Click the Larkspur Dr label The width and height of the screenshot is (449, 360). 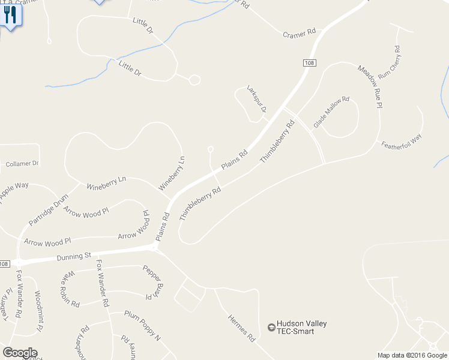coord(256,98)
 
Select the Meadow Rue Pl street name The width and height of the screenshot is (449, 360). coord(369,87)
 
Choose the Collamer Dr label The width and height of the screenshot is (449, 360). coord(22,163)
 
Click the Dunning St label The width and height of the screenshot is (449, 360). coord(73,257)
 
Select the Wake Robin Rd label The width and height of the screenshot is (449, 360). coord(70,289)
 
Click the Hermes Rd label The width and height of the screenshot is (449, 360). coord(241,328)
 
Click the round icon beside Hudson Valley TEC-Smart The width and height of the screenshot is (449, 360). coord(271,328)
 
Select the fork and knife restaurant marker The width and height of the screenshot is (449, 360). coord(10,14)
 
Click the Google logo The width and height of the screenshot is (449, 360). coord(20,353)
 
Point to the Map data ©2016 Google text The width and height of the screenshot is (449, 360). coord(412,355)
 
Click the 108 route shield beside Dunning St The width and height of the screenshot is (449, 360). coord(4,264)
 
